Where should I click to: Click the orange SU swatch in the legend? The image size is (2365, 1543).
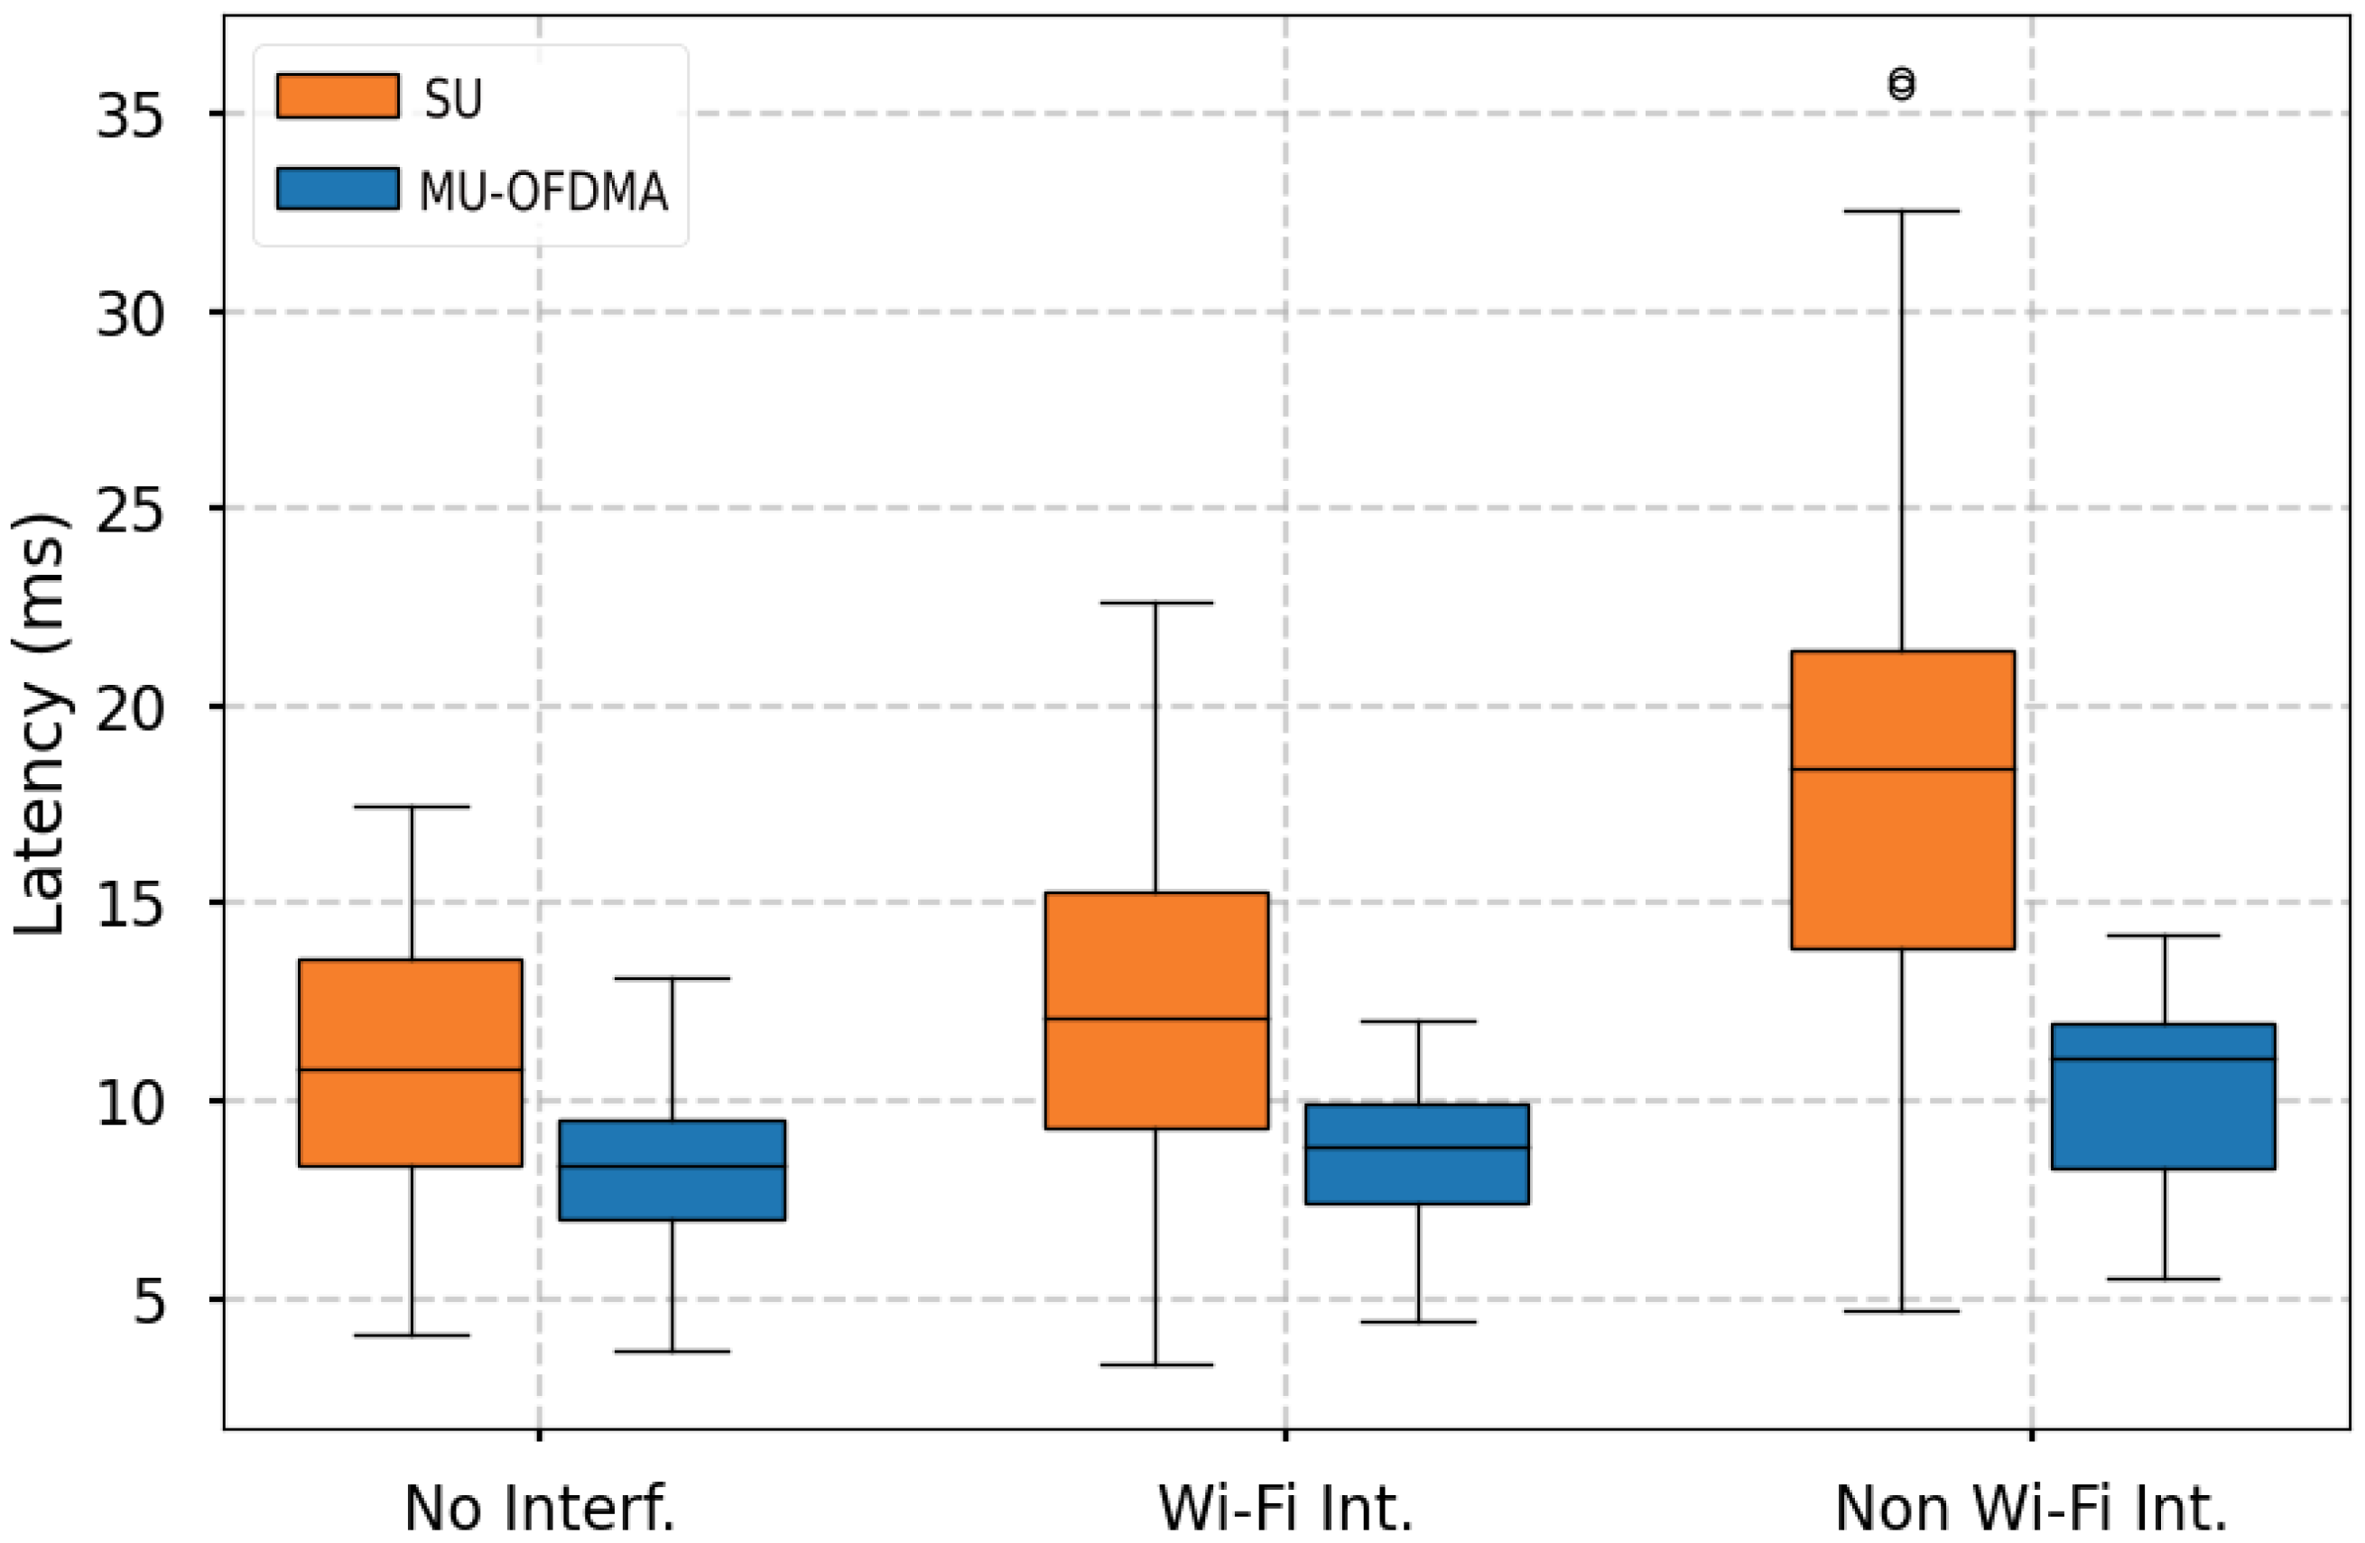coord(338,97)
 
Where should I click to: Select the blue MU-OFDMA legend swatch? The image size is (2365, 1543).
coord(338,188)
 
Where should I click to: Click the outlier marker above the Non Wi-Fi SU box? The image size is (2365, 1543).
coord(1902,85)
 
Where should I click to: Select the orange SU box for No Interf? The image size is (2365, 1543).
coord(412,1062)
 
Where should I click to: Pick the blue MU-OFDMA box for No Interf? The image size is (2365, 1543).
coord(672,1169)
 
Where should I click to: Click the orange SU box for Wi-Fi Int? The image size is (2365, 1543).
coord(1156,1011)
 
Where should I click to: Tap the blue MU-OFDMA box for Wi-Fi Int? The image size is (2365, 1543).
coord(1418,1153)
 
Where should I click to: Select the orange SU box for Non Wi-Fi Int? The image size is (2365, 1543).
coord(1902,799)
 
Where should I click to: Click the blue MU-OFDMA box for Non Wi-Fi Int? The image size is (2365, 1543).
coord(2164,1096)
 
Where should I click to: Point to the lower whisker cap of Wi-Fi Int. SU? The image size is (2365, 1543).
coord(1156,1365)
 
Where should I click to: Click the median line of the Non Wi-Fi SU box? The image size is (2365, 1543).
coord(1902,769)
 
